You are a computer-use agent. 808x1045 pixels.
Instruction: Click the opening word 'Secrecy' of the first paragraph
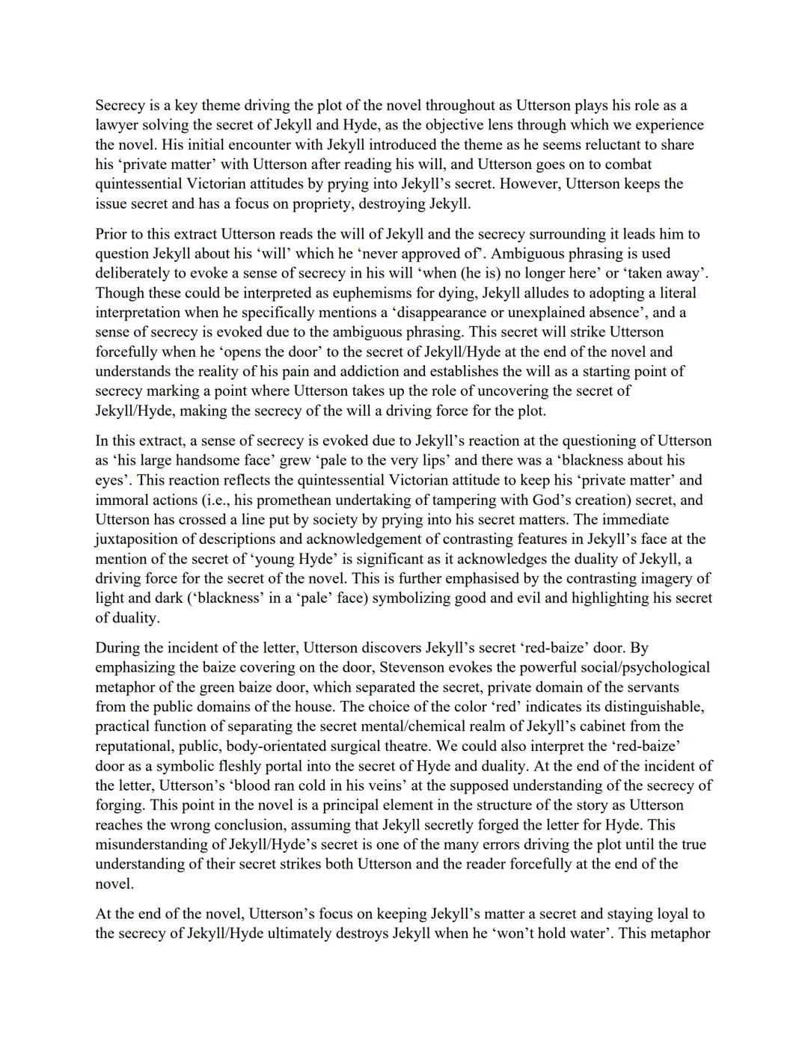coord(120,105)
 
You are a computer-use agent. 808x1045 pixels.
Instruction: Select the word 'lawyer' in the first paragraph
coord(117,125)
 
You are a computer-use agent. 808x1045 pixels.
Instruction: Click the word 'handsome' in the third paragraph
coord(196,460)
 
